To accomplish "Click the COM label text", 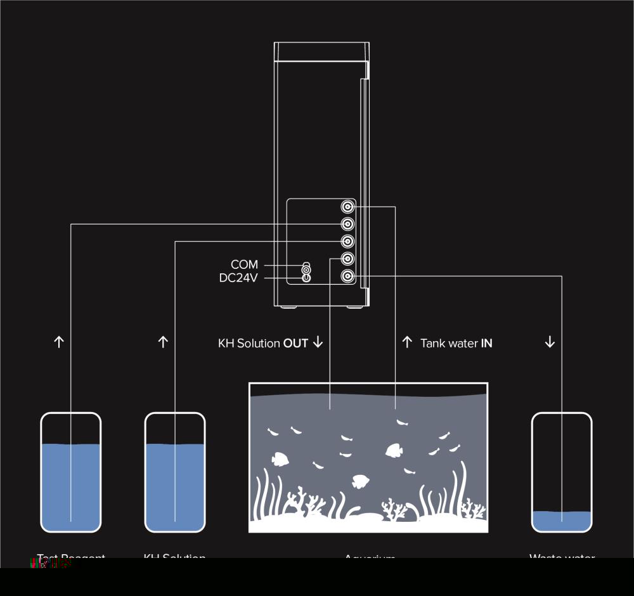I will [244, 264].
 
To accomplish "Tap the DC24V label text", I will [238, 278].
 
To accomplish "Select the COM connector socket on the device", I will [306, 268].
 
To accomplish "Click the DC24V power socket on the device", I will [306, 277].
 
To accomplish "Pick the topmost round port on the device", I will [347, 207].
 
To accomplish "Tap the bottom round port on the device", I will [347, 276].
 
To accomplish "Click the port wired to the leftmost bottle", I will [347, 224].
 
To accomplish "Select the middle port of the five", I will [347, 242].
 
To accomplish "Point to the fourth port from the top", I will [347, 259].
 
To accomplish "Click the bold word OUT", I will [295, 344].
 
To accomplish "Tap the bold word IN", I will [487, 344].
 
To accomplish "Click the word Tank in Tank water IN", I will [433, 344].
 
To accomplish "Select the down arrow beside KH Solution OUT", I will [318, 342].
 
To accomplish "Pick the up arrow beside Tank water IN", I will [407, 342].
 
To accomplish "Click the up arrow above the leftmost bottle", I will [59, 342].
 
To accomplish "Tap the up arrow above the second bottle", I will [163, 342].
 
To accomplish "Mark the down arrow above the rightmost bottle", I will [550, 342].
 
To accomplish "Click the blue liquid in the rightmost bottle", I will [562, 521].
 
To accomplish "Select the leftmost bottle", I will [71, 472].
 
